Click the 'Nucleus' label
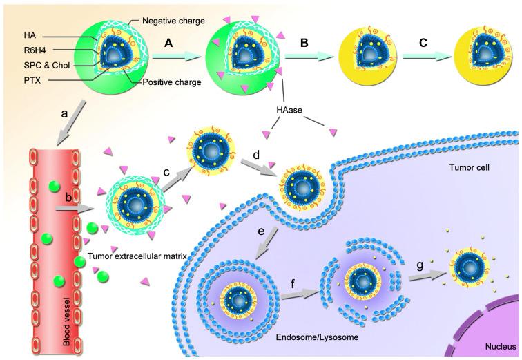point(496,350)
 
